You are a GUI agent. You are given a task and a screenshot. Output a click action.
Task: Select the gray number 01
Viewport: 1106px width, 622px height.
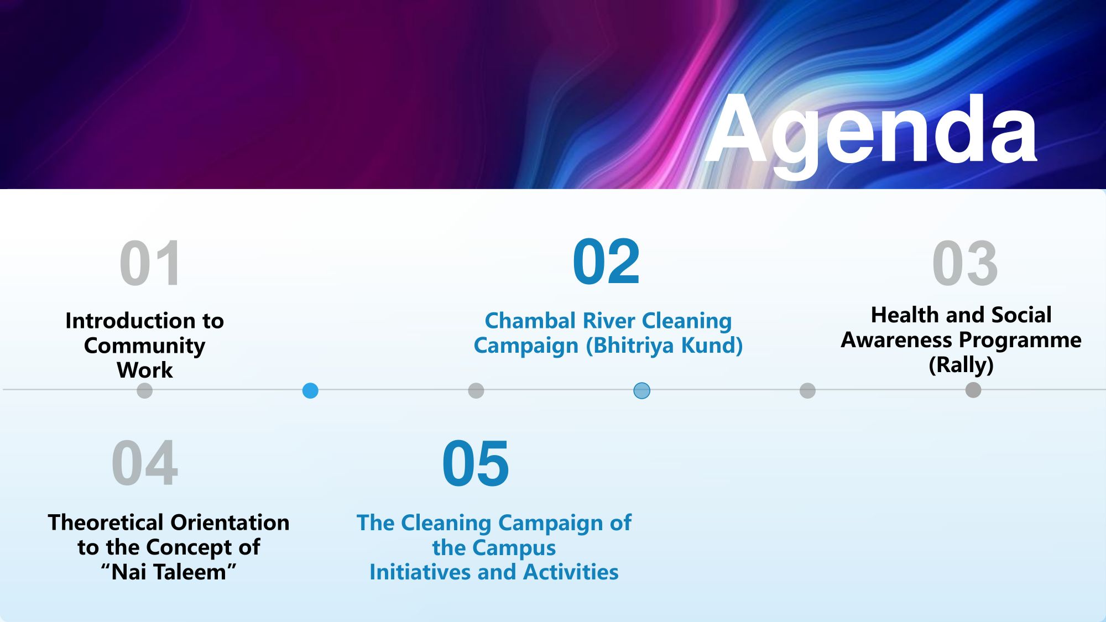[150, 263]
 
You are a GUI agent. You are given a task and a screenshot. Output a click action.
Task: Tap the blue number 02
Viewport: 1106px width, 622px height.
[606, 262]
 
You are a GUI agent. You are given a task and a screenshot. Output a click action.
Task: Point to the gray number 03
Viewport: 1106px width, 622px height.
[965, 263]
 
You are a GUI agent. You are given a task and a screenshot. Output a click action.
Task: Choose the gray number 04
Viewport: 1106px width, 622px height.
[145, 463]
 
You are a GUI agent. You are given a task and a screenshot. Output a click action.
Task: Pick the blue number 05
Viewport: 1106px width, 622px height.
[476, 463]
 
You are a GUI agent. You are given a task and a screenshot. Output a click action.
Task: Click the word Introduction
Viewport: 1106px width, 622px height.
[129, 321]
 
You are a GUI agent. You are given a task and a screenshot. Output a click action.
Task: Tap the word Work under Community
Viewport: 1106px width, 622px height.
[145, 370]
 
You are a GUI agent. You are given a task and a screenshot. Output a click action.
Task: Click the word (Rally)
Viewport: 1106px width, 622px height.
[961, 365]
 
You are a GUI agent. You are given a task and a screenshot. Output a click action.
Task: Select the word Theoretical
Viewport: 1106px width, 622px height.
[106, 522]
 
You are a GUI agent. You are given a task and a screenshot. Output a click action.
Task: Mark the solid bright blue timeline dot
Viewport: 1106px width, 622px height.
[310, 391]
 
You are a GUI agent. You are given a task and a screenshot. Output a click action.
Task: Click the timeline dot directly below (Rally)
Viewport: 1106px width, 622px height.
[973, 390]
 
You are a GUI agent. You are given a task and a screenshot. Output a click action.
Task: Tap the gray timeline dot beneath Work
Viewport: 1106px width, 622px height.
[144, 391]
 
